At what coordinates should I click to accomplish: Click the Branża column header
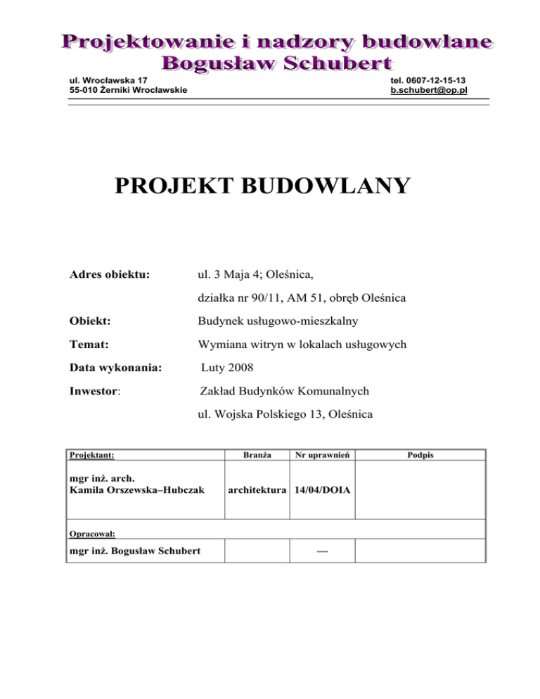tap(257, 456)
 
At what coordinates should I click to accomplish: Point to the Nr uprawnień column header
tap(322, 456)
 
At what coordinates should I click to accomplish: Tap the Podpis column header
tap(420, 456)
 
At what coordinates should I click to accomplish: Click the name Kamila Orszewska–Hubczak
tap(134, 489)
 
